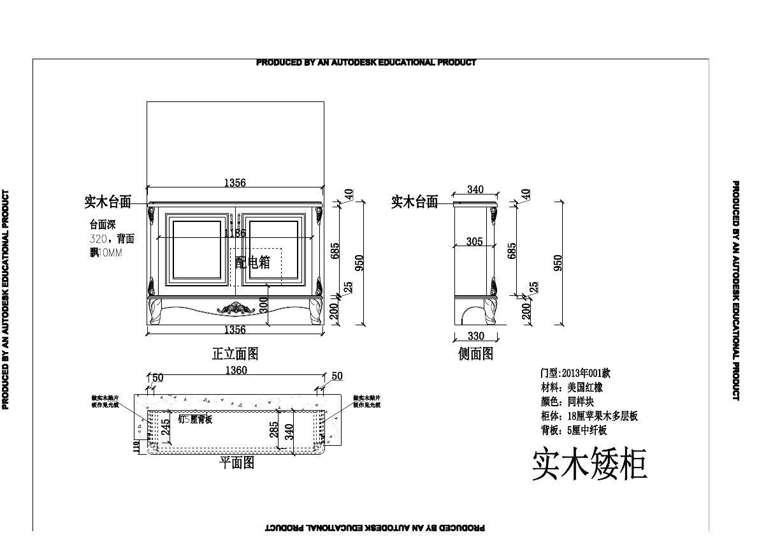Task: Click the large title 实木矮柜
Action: (589, 464)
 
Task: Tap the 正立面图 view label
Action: (235, 353)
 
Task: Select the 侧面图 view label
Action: (476, 353)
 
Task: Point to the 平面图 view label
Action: (237, 462)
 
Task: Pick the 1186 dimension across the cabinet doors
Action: (235, 233)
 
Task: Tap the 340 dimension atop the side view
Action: (475, 189)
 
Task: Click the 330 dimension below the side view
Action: (476, 336)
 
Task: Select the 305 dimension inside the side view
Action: (474, 241)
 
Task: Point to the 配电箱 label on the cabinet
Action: (253, 262)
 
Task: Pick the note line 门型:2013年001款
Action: (575, 373)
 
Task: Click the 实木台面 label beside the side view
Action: (414, 202)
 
